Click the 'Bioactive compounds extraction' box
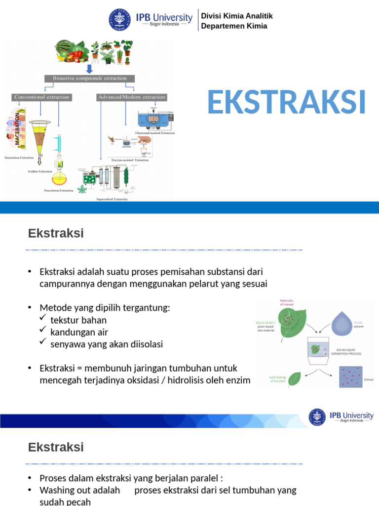click(x=89, y=78)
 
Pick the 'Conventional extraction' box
click(x=42, y=97)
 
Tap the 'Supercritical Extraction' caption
click(x=111, y=199)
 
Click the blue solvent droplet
click(x=344, y=323)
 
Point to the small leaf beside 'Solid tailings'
click(x=295, y=379)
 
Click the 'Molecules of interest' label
click(x=286, y=302)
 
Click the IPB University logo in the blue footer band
click(x=341, y=416)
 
